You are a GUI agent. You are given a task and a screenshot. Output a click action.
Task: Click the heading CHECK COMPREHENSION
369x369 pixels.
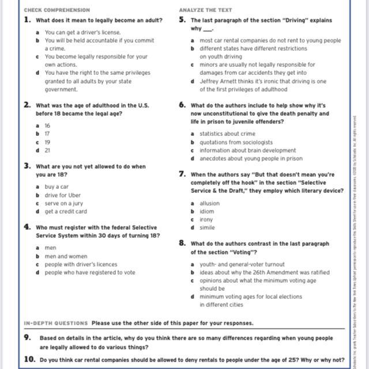(57, 10)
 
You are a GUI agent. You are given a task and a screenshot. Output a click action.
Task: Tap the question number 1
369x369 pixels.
(27, 20)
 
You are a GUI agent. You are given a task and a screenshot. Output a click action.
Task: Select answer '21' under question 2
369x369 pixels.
(47, 150)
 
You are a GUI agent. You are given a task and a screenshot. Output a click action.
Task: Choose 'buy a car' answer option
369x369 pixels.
(57, 187)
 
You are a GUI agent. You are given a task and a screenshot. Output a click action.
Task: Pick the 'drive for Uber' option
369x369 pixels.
(63, 195)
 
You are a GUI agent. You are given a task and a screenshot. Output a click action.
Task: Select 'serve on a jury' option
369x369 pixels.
(64, 203)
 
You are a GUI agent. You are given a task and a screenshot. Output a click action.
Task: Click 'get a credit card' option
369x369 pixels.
(66, 211)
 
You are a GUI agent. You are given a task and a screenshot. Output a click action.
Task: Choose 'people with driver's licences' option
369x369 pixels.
(81, 264)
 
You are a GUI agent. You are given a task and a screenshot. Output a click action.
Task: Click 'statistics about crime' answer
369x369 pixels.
(228, 134)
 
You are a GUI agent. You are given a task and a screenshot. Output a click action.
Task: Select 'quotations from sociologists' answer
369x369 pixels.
(236, 142)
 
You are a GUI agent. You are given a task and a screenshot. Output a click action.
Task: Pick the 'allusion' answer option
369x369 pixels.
(209, 203)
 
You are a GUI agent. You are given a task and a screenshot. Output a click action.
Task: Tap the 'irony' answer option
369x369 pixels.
(206, 219)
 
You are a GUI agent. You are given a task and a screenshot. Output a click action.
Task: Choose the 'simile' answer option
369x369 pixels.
(208, 227)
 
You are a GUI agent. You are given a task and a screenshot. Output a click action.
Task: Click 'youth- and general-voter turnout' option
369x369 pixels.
(242, 264)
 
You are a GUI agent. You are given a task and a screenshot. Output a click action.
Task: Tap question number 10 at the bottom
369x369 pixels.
(29, 359)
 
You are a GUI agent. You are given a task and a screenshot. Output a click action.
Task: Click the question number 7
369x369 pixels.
(182, 173)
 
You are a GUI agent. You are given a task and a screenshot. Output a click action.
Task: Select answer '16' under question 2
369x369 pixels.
(47, 125)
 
